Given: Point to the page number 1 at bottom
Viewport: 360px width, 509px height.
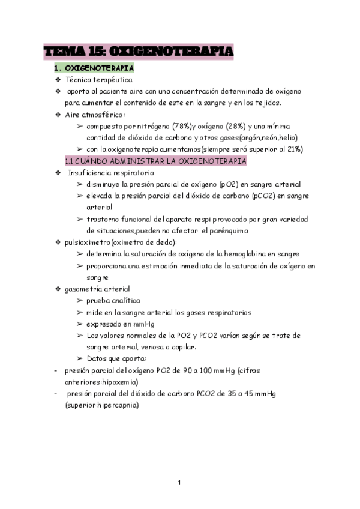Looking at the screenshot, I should point(179,482).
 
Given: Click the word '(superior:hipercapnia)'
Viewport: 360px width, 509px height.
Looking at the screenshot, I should point(102,405).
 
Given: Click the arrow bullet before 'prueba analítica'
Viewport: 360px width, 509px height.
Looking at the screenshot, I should point(80,301).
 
